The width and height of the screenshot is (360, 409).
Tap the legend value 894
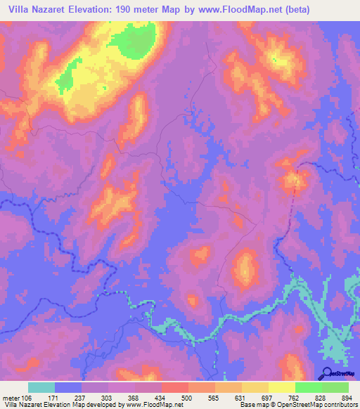[x=347, y=397]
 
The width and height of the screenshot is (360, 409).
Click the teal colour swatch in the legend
[x=41, y=387]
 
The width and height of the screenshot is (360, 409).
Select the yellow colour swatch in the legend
[x=281, y=387]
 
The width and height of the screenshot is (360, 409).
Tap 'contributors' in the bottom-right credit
[x=338, y=405]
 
